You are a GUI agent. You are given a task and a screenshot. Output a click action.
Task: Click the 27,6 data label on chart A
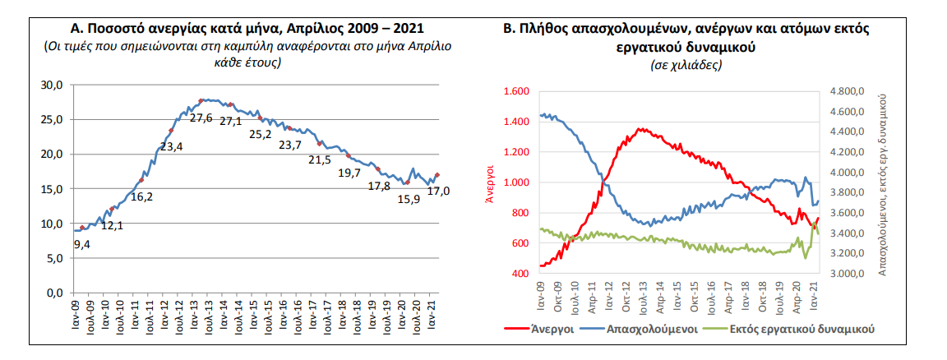coord(201,118)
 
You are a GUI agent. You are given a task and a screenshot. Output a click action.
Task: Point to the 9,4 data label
coord(83,243)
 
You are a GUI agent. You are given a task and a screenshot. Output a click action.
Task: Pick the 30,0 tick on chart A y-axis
coord(53,85)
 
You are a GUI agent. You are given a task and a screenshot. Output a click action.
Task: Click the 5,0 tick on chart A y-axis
coord(55,258)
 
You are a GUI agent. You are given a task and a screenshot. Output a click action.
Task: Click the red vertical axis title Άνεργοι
coord(489,182)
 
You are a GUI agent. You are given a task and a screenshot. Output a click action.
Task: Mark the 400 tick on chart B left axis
coord(521,274)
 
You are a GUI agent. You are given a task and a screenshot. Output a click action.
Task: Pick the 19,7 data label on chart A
coord(349,173)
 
